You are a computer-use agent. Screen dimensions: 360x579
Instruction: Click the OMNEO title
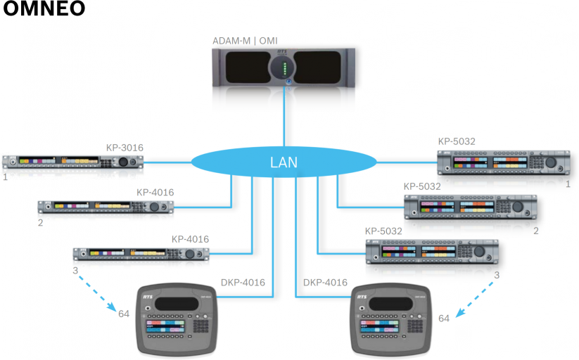(x=44, y=10)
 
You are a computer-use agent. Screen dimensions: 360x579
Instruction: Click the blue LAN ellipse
(x=284, y=163)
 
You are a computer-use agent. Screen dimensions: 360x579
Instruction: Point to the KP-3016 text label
(x=125, y=148)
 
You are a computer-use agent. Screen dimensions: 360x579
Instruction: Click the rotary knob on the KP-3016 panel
(x=125, y=162)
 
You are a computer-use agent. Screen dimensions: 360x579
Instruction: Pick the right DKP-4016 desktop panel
(x=391, y=319)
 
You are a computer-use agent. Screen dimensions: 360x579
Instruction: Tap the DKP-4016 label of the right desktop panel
(x=325, y=283)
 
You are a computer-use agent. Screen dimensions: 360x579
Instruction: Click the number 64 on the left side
(x=124, y=313)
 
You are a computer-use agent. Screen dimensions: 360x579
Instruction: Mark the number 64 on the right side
(x=444, y=319)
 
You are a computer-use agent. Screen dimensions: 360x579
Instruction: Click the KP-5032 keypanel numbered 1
(x=503, y=163)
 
